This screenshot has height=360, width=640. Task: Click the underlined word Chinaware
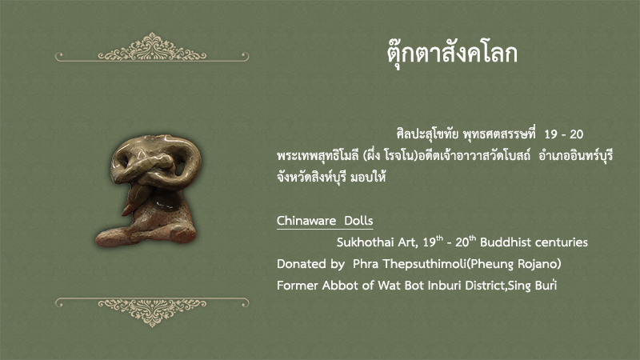click(306, 221)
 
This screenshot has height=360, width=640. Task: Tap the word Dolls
click(358, 221)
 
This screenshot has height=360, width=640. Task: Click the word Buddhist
click(506, 242)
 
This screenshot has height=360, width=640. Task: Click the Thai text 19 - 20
click(564, 134)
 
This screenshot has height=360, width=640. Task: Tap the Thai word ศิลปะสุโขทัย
click(427, 134)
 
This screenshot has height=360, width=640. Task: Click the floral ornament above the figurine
click(152, 47)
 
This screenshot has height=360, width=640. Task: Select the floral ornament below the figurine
click(152, 312)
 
